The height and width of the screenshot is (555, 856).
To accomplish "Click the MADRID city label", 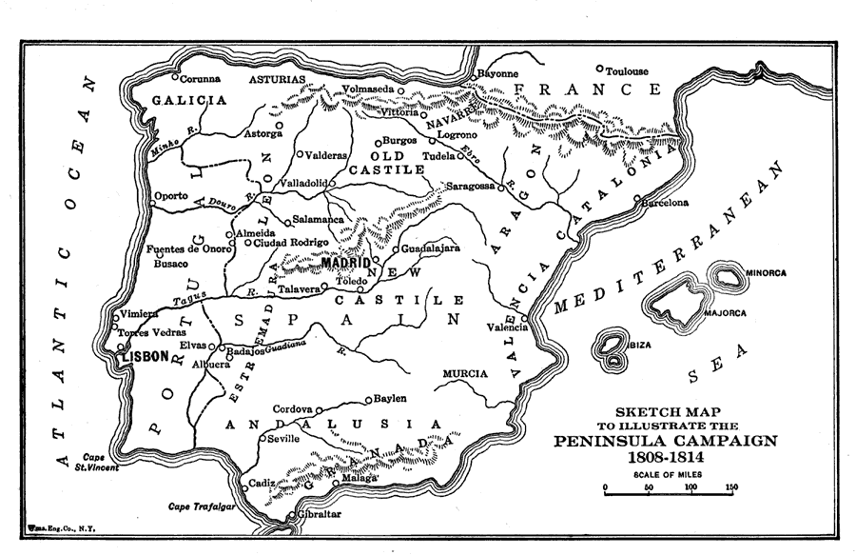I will pyautogui.click(x=345, y=262).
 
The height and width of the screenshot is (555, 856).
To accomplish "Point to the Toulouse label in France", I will pyautogui.click(x=628, y=71).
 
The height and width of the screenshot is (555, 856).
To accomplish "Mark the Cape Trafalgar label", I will pyautogui.click(x=200, y=505).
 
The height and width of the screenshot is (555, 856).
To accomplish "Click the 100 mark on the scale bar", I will pyautogui.click(x=691, y=487).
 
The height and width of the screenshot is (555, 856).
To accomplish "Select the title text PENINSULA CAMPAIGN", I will pyautogui.click(x=665, y=441).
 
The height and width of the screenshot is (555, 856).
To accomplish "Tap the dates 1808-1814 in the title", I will pyautogui.click(x=665, y=458).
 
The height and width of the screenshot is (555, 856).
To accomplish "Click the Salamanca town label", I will pyautogui.click(x=318, y=219).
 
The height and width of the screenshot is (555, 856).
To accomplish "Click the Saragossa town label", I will pyautogui.click(x=471, y=187).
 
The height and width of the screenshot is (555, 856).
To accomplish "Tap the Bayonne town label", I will pyautogui.click(x=497, y=73).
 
